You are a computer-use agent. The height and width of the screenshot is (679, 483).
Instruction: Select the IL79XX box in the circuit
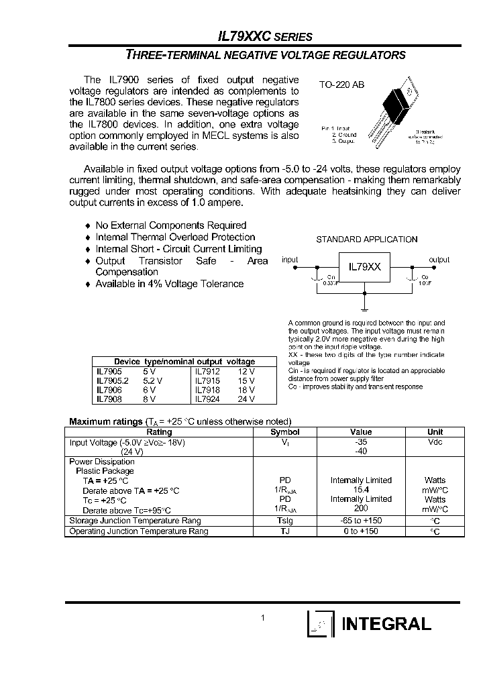(364, 266)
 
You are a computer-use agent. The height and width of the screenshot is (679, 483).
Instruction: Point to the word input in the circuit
(290, 260)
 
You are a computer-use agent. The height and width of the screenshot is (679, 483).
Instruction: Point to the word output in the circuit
(439, 260)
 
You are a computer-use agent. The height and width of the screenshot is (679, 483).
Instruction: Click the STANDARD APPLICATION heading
(366, 240)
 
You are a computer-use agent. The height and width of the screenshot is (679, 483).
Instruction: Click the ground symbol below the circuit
(364, 309)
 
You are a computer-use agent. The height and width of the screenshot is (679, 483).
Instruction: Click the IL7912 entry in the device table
(207, 370)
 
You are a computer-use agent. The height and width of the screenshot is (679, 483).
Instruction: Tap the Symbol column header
(284, 433)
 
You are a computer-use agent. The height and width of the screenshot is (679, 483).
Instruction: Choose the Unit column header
(435, 433)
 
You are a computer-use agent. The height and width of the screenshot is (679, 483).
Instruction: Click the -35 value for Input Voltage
(361, 443)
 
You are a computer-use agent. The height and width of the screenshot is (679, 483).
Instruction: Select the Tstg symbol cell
(284, 521)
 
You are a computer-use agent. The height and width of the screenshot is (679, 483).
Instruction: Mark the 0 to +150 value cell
(361, 531)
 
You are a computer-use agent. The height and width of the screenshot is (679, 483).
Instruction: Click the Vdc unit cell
(435, 443)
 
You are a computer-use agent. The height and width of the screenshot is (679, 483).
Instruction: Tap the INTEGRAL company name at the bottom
(386, 625)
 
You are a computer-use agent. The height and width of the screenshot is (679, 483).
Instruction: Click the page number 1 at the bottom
(264, 618)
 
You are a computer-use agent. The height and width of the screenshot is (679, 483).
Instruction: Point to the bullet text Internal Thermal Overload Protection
(175, 237)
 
